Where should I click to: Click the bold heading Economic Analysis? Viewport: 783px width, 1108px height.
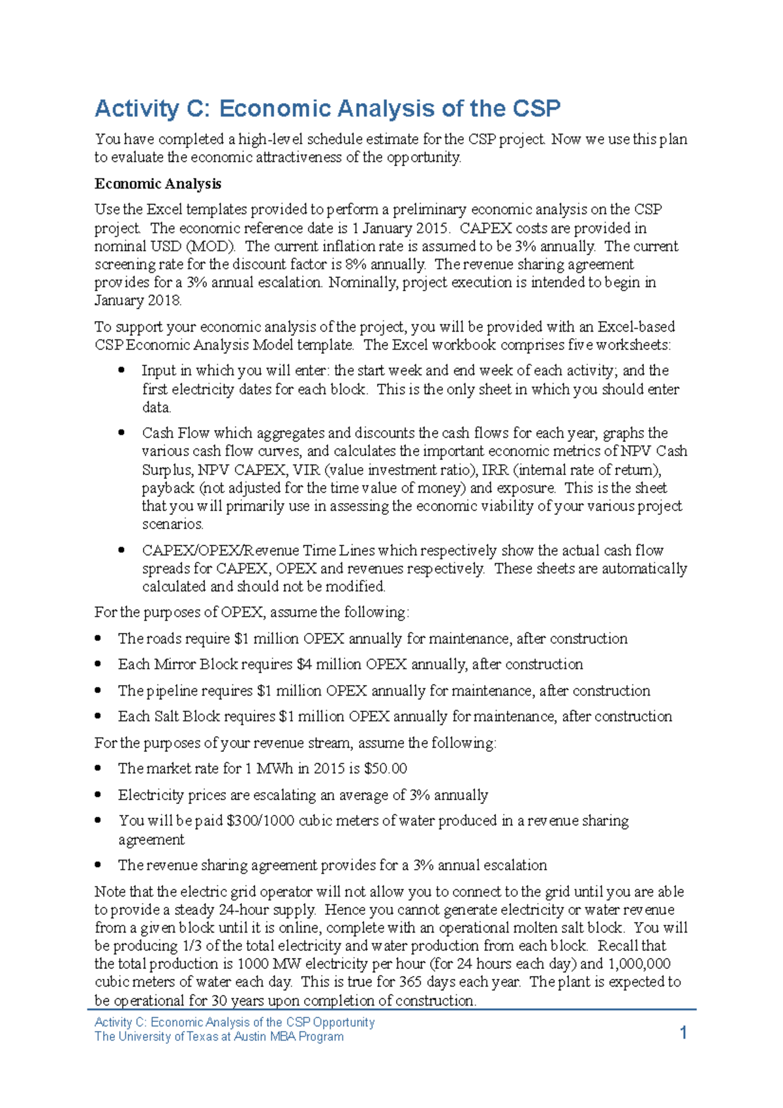158,184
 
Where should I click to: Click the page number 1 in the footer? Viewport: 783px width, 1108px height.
683,1032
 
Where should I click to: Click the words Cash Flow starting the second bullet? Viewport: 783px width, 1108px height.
176,433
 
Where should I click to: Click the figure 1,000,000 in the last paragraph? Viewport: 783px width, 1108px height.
639,964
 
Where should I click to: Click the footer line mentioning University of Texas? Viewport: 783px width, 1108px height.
219,1036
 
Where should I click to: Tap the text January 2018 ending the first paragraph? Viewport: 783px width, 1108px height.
138,301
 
